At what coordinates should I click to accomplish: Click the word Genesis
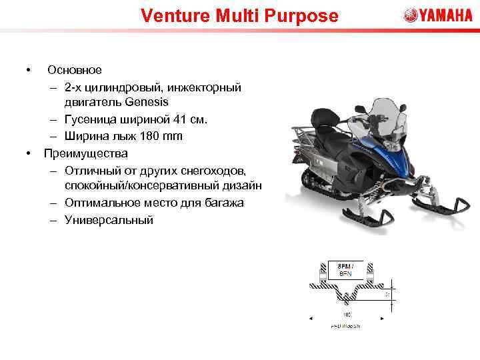[145, 103]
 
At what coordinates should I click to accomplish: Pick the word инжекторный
[206, 87]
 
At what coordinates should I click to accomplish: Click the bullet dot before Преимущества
[29, 153]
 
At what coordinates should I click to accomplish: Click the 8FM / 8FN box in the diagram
[345, 269]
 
